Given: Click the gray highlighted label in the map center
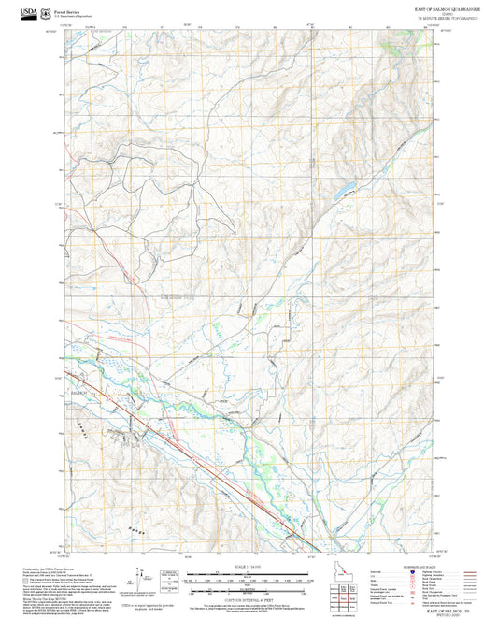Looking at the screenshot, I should click(176, 296).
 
